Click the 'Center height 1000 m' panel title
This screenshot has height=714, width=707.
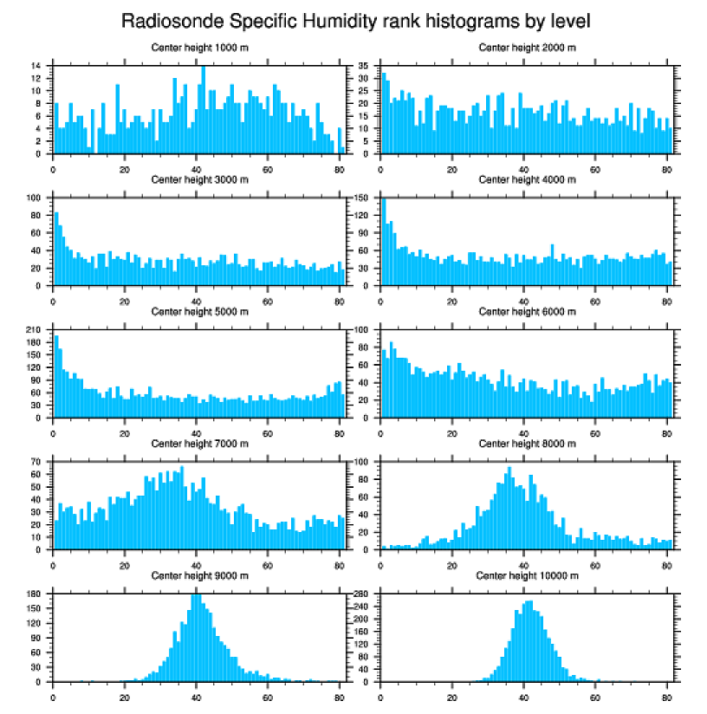199,48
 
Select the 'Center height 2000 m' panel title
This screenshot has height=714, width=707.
527,48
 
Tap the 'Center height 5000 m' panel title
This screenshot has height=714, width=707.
199,312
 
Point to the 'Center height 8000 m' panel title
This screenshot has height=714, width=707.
527,444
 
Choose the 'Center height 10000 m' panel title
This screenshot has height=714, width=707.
527,575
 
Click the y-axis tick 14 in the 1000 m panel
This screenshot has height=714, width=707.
38,66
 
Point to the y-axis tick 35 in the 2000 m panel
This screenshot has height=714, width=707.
366,66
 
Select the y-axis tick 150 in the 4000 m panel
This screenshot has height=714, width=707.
364,198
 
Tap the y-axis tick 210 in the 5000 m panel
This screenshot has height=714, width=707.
36,330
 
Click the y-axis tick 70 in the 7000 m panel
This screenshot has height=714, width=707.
38,462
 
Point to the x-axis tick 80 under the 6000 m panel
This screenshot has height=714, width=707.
666,432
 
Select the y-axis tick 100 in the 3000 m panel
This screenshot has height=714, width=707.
36,198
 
